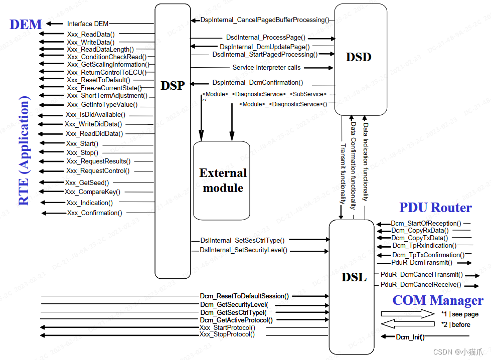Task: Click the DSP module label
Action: [x=173, y=85]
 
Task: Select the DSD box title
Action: [x=359, y=57]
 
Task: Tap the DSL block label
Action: [x=355, y=277]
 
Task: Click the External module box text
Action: [x=223, y=181]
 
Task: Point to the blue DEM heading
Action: [x=26, y=24]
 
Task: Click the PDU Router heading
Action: [x=435, y=208]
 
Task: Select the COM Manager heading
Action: [x=438, y=300]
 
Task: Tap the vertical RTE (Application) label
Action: [x=24, y=151]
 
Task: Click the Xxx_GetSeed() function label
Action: [x=87, y=183]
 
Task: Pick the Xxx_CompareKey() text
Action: [x=92, y=192]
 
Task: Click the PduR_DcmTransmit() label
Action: [x=421, y=262]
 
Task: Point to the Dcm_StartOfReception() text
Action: [x=426, y=223]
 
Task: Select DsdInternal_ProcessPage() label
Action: [x=265, y=37]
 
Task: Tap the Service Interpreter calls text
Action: [x=266, y=67]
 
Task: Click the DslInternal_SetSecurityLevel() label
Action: [x=243, y=250]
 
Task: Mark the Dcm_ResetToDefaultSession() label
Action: [x=244, y=296]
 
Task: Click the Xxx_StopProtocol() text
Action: [x=227, y=334]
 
